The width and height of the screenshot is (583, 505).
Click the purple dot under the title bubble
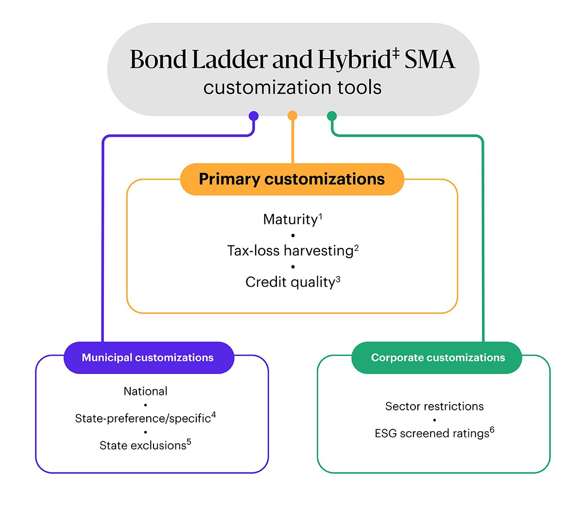pos(254,116)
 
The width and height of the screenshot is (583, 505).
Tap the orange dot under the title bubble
pos(292,115)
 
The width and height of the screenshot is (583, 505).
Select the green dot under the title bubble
pos(332,116)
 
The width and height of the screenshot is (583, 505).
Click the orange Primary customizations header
pos(292,179)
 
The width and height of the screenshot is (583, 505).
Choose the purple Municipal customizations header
pos(148,358)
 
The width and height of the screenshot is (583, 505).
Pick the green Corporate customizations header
pos(437,358)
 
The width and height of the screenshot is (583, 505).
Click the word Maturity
pos(290,220)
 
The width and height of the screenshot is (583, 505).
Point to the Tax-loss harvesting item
pos(290,251)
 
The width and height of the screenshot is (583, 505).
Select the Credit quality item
pos(290,282)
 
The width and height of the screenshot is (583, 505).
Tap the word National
pos(145,391)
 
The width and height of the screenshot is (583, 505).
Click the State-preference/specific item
pos(143,419)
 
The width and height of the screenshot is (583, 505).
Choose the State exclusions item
pos(143,446)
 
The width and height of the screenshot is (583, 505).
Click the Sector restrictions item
pos(434,407)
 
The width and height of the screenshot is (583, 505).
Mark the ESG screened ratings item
pos(432,434)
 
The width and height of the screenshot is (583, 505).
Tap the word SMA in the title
pos(430,60)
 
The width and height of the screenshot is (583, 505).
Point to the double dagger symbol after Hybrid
pos(395,53)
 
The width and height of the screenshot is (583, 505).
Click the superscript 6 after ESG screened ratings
pos(492,429)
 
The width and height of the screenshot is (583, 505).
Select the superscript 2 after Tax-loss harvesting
pos(356,248)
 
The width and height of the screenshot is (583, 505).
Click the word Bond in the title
pos(158,60)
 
